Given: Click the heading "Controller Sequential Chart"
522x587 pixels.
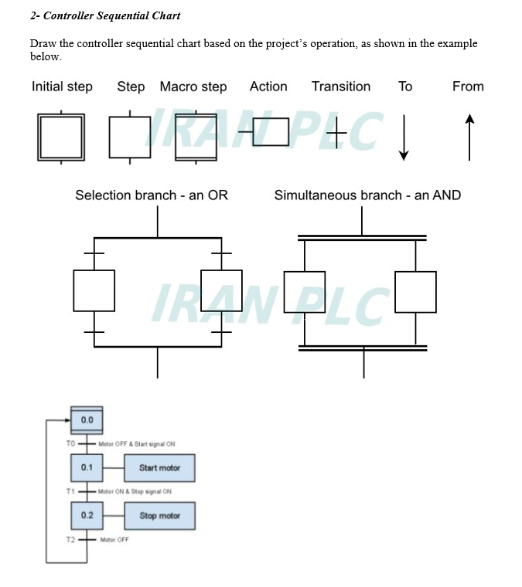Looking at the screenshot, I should point(105,15).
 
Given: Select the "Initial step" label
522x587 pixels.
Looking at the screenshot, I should point(62,87).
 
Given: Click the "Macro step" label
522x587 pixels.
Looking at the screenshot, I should point(193,87).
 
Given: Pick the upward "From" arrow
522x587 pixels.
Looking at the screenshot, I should point(469,137).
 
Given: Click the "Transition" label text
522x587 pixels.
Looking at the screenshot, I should point(341,87).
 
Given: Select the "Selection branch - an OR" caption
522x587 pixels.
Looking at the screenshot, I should point(152,195).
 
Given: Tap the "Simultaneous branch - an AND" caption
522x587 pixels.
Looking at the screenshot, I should point(367,195).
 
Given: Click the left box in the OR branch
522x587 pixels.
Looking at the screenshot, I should point(94,290).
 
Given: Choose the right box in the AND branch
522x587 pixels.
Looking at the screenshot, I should point(415,292).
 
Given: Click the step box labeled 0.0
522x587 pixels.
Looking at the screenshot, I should point(87,419).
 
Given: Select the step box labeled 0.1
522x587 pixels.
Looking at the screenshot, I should point(87,467).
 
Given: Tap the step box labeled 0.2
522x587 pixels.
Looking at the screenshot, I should point(87,515).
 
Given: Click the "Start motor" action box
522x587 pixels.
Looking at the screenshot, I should point(159,468).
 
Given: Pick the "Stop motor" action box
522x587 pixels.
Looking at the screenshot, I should point(159,516).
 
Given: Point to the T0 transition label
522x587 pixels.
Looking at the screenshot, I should point(70,444).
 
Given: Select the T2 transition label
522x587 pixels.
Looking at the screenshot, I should point(70,539).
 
